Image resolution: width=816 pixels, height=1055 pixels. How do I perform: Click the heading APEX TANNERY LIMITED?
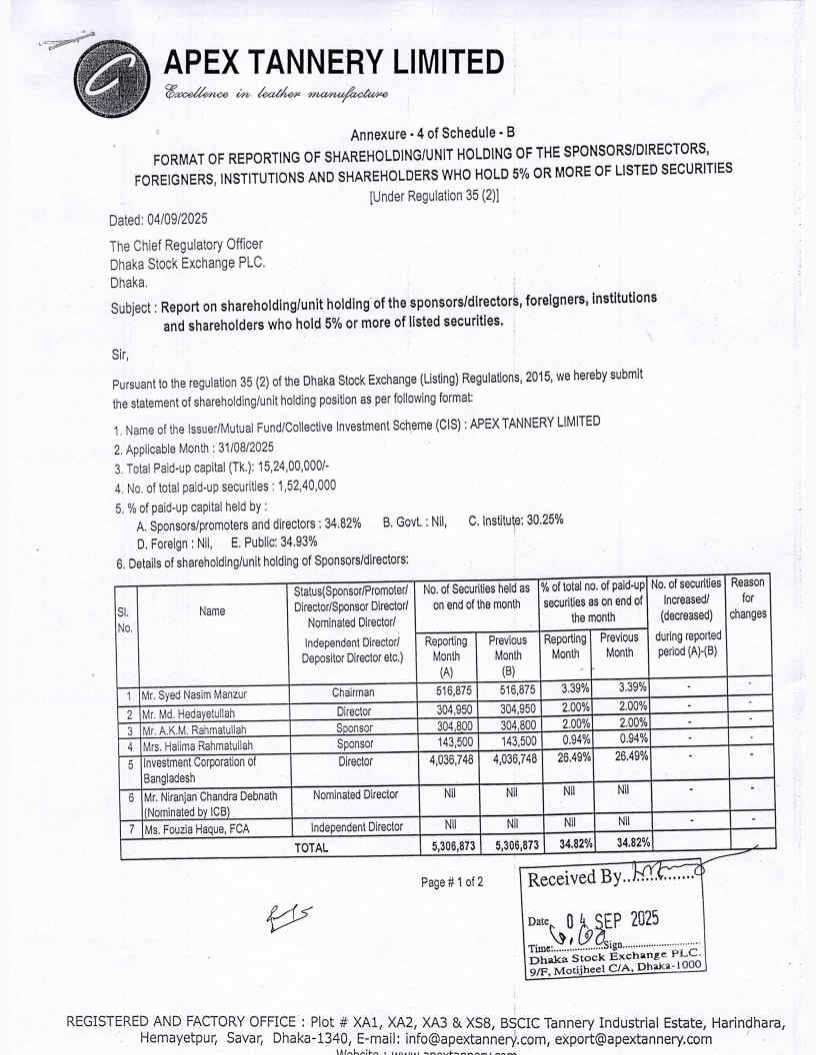pos(334,63)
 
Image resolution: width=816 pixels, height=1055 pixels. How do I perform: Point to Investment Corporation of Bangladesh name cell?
pos(199,769)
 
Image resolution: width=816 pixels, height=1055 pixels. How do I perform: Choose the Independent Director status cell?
pos(356,828)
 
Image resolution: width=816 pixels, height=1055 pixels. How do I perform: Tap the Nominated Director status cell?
pos(357,795)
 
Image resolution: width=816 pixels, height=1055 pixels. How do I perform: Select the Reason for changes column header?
pos(747,597)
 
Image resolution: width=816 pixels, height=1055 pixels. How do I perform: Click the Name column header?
pos(212,610)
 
